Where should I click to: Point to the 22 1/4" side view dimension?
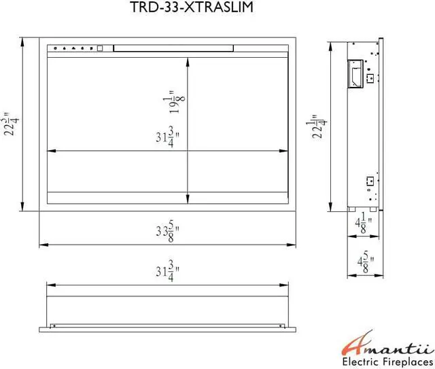pos(317,126)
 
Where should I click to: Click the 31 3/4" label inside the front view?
pos(165,139)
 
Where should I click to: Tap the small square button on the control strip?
pos(99,49)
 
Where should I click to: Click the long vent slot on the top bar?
pos(173,48)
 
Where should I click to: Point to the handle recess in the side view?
pos(355,74)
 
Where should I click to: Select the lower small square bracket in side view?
pos(369,181)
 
